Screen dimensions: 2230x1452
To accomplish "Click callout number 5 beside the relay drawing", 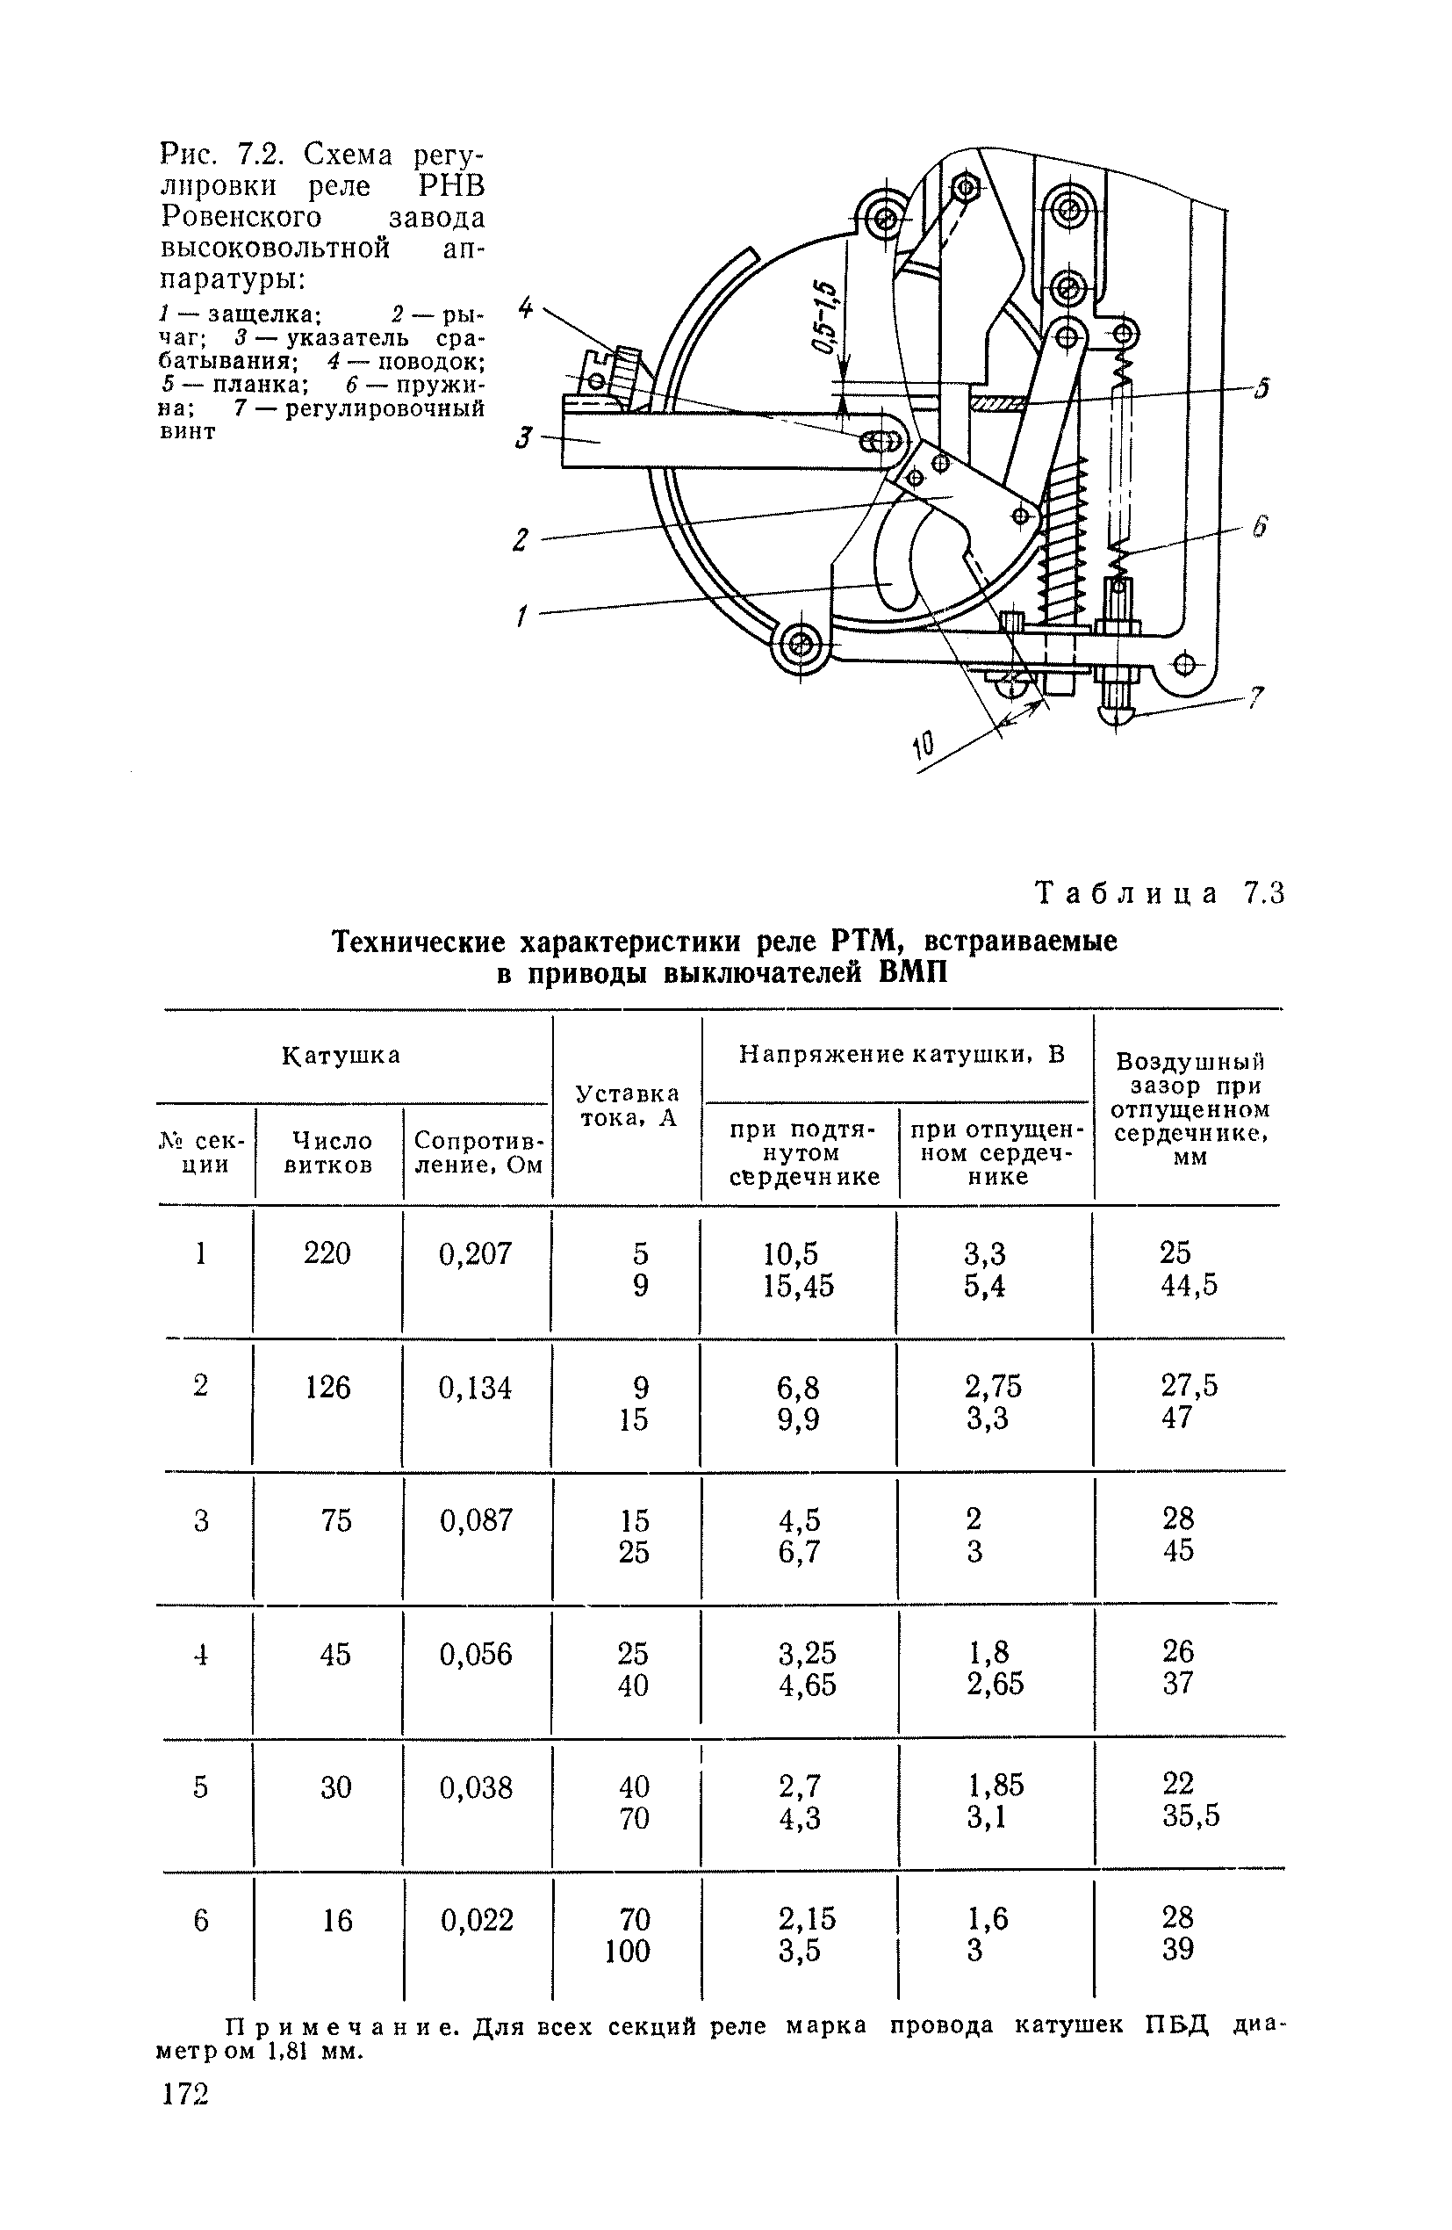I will [x=1262, y=387].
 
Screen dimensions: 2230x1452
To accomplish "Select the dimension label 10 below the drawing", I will [x=923, y=747].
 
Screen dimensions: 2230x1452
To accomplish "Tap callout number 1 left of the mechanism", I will [x=521, y=617].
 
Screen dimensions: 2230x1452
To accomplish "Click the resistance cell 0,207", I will [x=475, y=1253].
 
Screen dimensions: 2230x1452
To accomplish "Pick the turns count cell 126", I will [x=327, y=1387].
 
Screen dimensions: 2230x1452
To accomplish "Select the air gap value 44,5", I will [x=1189, y=1286].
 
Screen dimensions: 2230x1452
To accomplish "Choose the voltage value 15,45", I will [x=798, y=1286].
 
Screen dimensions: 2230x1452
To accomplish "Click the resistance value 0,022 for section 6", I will [x=477, y=1921].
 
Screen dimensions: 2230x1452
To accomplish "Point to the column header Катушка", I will [x=341, y=1055].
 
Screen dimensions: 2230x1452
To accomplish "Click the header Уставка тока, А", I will [x=627, y=1106].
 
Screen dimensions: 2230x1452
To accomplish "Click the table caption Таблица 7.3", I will [x=1160, y=894].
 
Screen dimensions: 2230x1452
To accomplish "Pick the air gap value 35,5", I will [x=1190, y=1818].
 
